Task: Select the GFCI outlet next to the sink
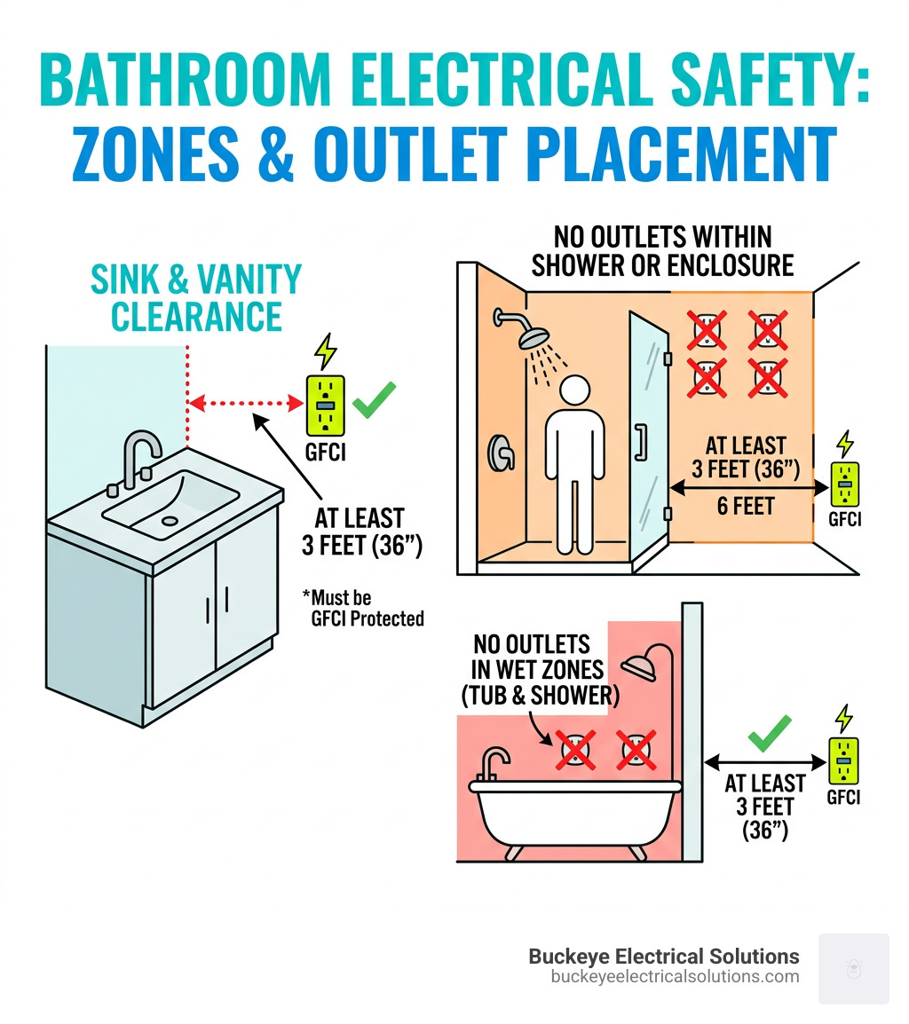326,404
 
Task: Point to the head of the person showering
575,390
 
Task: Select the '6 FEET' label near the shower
745,506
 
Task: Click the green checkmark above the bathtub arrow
769,735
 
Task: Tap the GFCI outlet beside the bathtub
843,762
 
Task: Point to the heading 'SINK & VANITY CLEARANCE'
196,297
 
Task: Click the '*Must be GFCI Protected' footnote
365,609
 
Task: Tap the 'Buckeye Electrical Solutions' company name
664,956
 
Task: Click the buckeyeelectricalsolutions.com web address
675,976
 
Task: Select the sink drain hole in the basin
168,521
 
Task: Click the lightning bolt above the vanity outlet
326,351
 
